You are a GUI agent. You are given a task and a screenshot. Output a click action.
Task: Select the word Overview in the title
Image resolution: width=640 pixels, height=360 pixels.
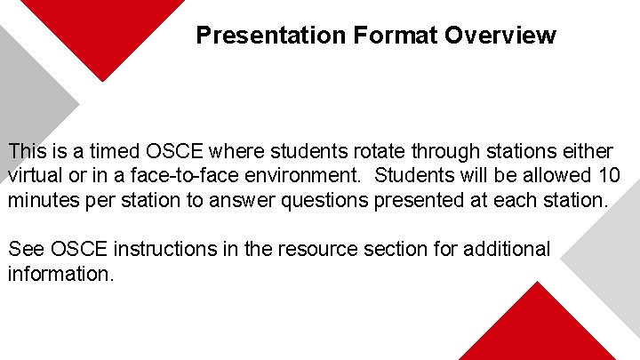500,36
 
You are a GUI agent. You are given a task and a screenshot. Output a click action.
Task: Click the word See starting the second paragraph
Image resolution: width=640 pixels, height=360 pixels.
26,250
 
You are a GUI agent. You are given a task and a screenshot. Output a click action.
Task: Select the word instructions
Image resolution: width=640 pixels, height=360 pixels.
168,250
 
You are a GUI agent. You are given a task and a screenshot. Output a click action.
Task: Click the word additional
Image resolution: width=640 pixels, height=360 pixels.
508,250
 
